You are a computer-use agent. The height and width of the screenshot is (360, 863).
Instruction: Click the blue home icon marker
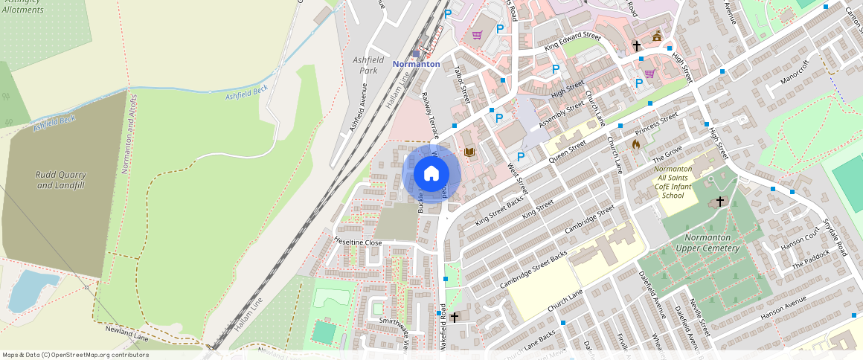click(x=431, y=174)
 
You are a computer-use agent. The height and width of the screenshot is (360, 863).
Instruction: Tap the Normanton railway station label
click(x=416, y=64)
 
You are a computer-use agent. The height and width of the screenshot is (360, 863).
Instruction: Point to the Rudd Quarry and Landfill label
click(x=61, y=180)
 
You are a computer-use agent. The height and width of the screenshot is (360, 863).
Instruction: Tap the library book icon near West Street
click(x=469, y=152)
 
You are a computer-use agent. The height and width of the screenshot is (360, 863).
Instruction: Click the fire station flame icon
click(x=635, y=144)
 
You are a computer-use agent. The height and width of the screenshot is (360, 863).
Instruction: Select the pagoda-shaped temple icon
click(x=657, y=36)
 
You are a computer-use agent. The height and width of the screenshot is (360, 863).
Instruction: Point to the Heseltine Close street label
click(x=358, y=242)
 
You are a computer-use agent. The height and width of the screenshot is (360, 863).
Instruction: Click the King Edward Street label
click(x=572, y=42)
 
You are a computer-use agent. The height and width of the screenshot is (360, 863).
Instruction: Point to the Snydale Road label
click(x=836, y=237)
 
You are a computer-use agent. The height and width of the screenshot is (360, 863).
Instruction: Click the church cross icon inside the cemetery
click(x=719, y=202)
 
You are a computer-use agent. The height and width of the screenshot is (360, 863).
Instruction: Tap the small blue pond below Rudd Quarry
click(x=34, y=290)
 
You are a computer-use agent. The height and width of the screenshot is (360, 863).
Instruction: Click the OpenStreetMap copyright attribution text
click(x=75, y=355)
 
